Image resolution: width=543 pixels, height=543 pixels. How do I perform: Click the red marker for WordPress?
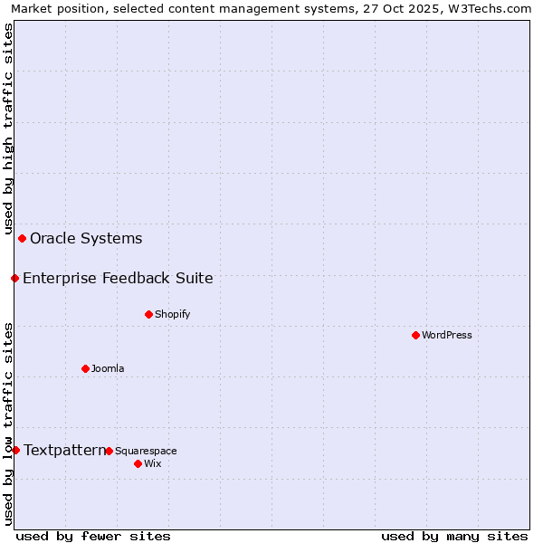[415, 335]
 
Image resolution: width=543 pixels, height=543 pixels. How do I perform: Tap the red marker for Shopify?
[148, 314]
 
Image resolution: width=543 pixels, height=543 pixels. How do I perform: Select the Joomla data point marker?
[85, 368]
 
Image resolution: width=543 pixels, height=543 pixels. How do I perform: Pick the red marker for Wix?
[138, 463]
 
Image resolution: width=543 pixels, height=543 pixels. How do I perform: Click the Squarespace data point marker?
[109, 451]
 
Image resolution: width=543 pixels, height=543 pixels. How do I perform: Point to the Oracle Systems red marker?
[23, 238]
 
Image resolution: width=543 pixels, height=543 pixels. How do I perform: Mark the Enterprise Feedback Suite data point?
[14, 278]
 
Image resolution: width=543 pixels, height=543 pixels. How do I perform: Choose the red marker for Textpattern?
[15, 450]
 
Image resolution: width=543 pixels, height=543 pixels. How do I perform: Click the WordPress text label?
[447, 335]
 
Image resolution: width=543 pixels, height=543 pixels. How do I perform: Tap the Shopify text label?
[173, 314]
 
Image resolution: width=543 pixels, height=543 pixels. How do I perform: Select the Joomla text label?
[108, 368]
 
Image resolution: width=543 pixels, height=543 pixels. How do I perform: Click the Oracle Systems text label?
[86, 239]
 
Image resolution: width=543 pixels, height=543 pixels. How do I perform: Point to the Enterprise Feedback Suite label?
[118, 278]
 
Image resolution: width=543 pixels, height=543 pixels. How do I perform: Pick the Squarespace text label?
[146, 451]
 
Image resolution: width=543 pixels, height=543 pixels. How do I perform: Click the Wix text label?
[153, 463]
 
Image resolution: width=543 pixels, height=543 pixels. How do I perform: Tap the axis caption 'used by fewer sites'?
[93, 536]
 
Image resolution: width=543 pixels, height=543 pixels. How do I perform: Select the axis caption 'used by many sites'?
[454, 536]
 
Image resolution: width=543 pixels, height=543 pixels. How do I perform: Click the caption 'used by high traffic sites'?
[8, 129]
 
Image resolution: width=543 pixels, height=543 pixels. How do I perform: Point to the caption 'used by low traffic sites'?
[8, 423]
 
